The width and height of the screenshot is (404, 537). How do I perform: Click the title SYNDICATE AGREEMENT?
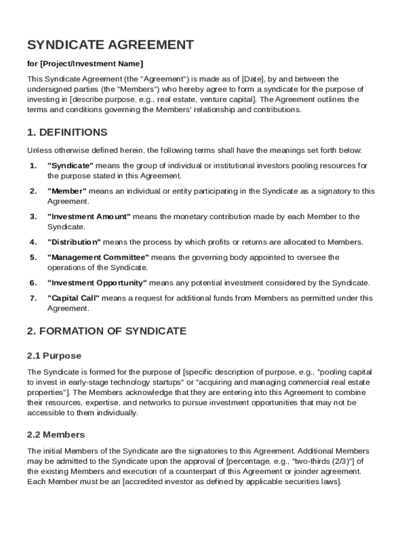click(x=110, y=45)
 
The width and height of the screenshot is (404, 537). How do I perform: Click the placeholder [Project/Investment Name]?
click(x=91, y=64)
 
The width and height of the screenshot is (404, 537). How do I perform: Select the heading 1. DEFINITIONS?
click(x=67, y=132)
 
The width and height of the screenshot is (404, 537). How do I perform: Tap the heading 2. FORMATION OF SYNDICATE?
click(x=107, y=331)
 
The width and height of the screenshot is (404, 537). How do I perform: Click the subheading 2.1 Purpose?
click(x=54, y=356)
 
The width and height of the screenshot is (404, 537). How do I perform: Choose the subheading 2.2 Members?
click(x=56, y=435)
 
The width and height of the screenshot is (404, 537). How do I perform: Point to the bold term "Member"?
click(x=67, y=191)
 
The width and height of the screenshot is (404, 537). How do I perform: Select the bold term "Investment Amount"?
click(x=89, y=217)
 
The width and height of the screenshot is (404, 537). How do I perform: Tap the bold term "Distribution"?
click(x=74, y=242)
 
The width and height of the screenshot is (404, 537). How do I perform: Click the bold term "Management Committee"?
click(x=98, y=257)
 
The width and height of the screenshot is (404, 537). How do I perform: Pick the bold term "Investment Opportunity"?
click(x=97, y=283)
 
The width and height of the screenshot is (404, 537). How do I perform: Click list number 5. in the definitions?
click(x=33, y=257)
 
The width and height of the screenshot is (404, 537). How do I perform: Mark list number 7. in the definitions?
click(x=33, y=298)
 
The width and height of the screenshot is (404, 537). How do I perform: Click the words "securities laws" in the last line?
click(x=315, y=481)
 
